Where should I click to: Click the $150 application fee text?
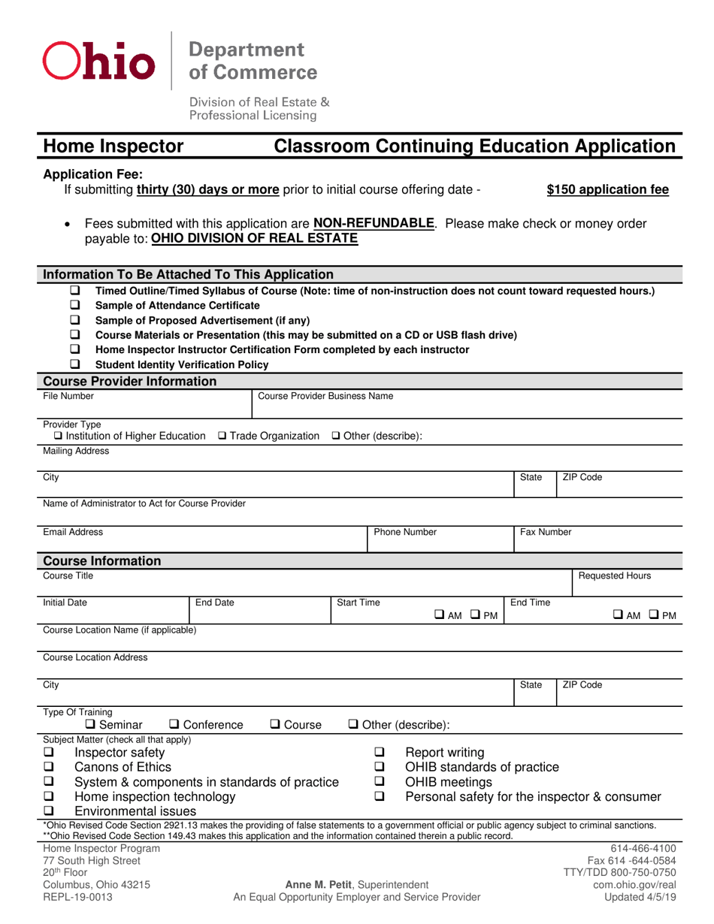point(607,190)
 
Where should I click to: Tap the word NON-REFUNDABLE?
point(374,224)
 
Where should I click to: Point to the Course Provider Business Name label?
point(325,395)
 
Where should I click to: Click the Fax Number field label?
point(546,532)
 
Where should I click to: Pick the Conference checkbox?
point(175,725)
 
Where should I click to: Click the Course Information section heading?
point(101,561)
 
